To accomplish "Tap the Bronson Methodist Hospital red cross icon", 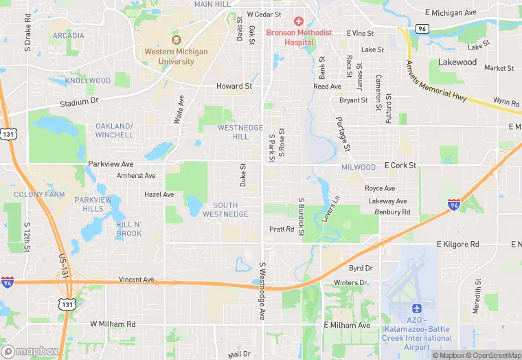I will pos(299,23).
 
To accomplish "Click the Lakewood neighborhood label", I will pos(457,63).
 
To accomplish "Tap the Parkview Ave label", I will pos(111,164).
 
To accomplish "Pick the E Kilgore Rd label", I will pos(458,244).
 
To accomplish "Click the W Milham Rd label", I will pos(113,324).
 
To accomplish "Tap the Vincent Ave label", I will pos(136,280).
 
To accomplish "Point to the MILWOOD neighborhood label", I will pos(359,167).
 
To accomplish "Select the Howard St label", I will pos(234,86).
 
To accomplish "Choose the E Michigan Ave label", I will pos(451,13).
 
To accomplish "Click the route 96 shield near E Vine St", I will pos(422,29).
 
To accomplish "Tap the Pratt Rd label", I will pos(282,229).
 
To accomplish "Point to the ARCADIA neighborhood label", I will pos(68,36).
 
